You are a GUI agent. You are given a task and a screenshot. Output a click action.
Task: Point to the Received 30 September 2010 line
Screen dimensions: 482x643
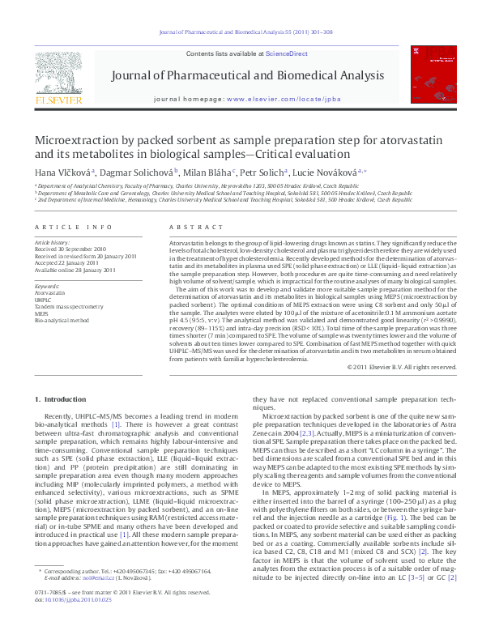pos(70,249)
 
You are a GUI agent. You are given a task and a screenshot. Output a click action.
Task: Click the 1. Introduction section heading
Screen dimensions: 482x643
pos(60,400)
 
